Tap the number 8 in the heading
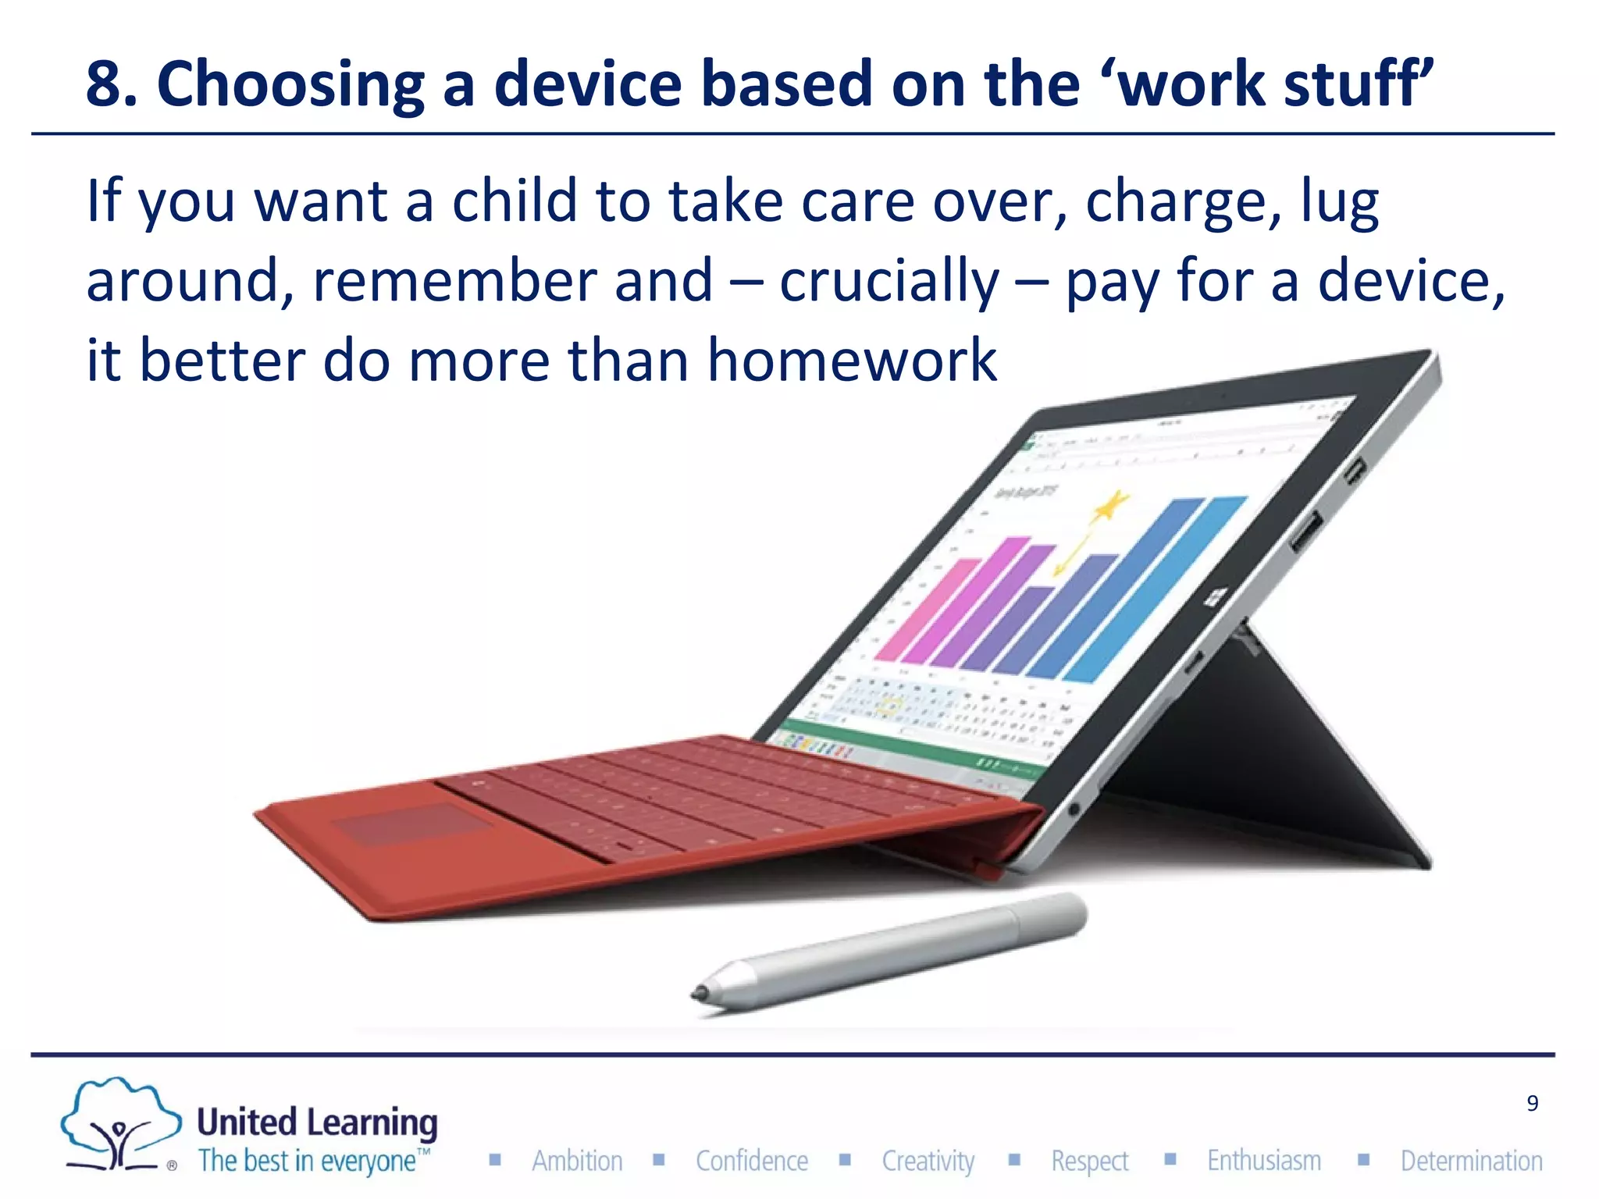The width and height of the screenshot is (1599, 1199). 104,84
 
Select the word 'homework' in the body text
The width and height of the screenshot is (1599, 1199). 851,361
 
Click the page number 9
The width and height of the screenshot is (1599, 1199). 1532,1103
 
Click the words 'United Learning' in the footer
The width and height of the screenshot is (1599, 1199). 316,1123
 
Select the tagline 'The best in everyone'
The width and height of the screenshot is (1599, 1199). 308,1161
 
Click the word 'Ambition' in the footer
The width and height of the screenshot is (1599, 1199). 577,1161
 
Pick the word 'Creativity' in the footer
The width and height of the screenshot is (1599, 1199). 928,1161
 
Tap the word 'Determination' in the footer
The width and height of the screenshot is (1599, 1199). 1471,1161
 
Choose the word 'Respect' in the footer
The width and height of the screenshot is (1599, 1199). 1089,1161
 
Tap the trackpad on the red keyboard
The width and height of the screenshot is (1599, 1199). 412,824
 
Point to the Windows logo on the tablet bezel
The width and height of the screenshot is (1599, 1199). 1215,598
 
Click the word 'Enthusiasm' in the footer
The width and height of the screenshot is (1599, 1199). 1263,1161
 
